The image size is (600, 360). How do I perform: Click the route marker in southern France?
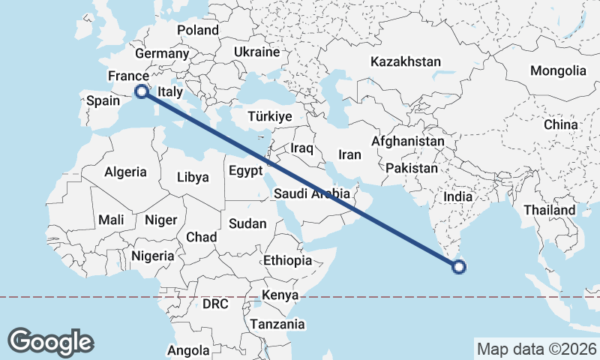(x=140, y=91)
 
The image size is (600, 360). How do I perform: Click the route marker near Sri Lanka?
(x=459, y=265)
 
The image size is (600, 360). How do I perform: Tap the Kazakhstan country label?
(x=405, y=61)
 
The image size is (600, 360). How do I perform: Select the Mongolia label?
(x=557, y=70)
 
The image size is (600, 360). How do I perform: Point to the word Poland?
(x=198, y=30)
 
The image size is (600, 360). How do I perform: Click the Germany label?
(x=162, y=53)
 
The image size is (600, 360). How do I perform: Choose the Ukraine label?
(x=256, y=52)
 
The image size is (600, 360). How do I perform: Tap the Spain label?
(x=103, y=100)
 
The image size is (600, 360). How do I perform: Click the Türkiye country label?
(x=269, y=116)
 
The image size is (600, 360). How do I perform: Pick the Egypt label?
(x=246, y=170)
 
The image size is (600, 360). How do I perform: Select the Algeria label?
(x=125, y=172)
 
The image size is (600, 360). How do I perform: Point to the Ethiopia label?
(x=287, y=260)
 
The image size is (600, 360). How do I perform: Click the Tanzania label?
(x=278, y=324)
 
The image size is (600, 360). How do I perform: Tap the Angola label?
(x=188, y=350)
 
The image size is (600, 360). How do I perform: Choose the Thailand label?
(x=549, y=210)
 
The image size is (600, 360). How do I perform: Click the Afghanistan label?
(x=408, y=141)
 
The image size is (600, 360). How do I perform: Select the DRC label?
(x=214, y=304)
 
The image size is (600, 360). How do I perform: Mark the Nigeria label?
(x=153, y=256)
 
